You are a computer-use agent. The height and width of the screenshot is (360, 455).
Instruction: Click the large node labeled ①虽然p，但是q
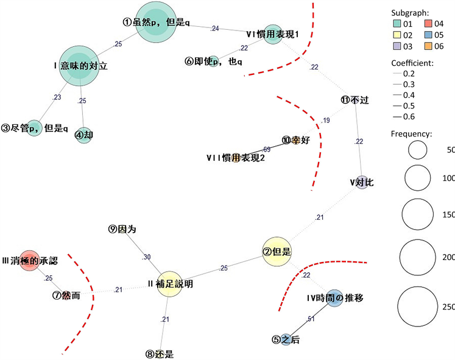(158, 22)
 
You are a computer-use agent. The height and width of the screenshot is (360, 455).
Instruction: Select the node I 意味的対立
(80, 66)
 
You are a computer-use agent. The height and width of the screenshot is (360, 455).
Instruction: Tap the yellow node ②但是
(277, 251)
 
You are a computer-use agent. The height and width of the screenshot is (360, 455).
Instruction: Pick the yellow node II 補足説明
(170, 284)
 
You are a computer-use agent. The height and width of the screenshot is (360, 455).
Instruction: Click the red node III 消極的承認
(29, 261)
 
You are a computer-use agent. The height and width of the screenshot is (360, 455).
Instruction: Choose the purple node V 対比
(362, 181)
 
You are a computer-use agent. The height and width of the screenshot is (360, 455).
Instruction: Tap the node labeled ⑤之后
(286, 340)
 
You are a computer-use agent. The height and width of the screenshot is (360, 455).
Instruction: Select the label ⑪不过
(355, 99)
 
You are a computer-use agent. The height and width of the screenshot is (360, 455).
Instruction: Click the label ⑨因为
(122, 230)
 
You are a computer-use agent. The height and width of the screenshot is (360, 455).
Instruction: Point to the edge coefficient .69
(266, 149)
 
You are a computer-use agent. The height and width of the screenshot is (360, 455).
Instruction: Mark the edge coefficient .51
(310, 319)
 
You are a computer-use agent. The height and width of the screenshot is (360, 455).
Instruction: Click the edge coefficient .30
(146, 257)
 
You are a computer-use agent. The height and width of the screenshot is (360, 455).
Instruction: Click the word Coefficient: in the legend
(412, 63)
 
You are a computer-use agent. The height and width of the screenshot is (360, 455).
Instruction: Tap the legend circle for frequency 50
(418, 150)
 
